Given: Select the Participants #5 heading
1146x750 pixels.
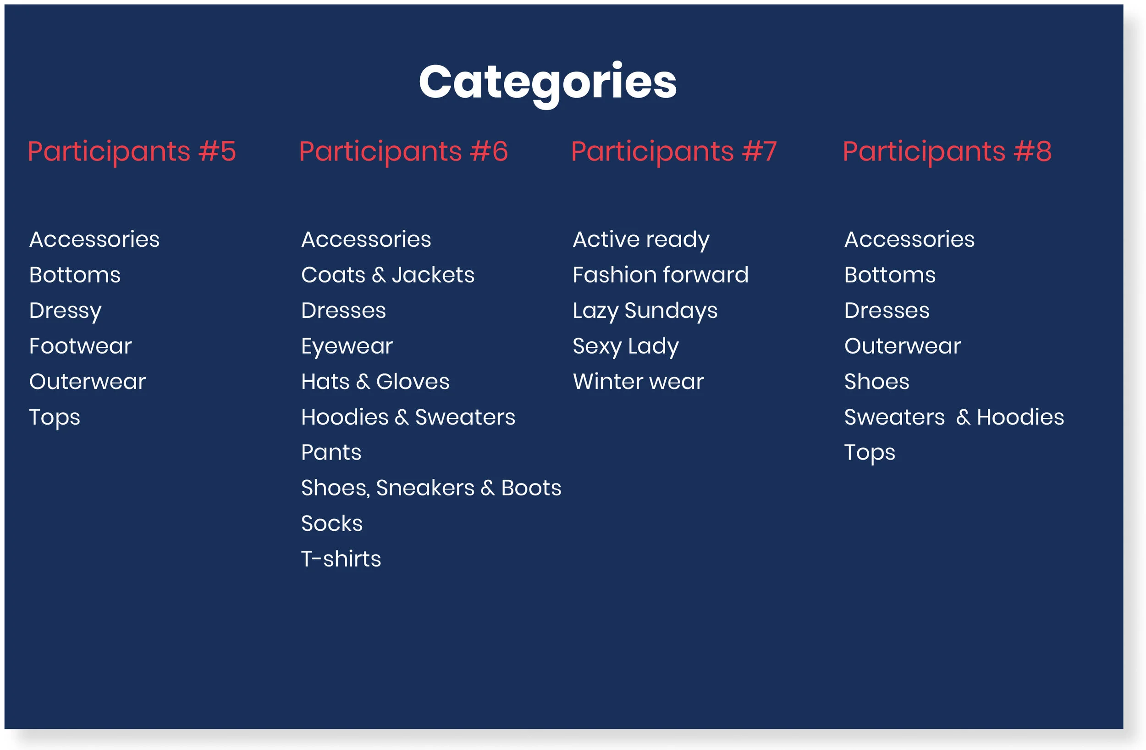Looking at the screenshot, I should point(132,151).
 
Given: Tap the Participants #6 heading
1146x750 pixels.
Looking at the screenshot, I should point(403,151).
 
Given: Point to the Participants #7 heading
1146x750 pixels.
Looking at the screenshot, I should point(674,151).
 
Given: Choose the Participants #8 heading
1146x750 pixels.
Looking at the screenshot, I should point(947,151).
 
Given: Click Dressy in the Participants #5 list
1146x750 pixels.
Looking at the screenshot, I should point(66,311).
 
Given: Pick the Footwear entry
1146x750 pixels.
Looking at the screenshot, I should point(80,346).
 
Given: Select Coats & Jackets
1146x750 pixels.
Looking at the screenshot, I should point(388,275).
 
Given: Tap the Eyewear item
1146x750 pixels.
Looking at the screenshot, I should point(347,346).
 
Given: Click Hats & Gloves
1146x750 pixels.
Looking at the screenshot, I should point(375,382).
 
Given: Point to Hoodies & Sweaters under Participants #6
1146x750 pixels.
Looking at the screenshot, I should point(408,417).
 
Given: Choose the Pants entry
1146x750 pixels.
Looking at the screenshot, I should point(331,452).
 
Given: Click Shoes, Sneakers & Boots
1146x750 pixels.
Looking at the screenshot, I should point(431,488).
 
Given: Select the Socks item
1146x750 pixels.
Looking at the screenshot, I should point(332,523).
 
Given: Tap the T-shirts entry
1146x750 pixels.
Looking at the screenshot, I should point(341,559).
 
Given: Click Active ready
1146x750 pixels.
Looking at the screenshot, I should point(641,239).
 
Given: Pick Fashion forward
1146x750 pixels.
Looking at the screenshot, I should point(660,275).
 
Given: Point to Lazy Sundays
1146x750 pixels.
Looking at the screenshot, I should point(645,311).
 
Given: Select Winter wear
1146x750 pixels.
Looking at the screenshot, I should point(638,382).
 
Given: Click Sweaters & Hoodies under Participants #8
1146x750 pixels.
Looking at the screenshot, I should point(954,417).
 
